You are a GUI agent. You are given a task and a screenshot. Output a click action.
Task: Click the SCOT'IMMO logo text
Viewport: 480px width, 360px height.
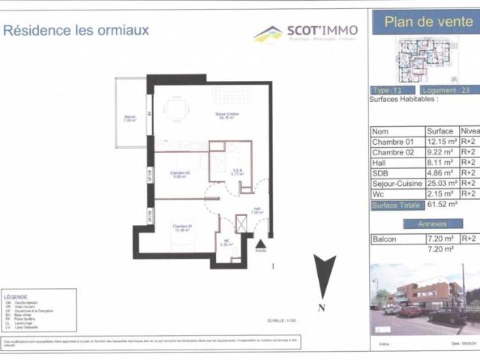point(322,31)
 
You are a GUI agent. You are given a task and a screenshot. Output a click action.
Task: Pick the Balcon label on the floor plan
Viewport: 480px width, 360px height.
point(130,118)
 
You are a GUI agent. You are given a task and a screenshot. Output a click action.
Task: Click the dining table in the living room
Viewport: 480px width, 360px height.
point(177,109)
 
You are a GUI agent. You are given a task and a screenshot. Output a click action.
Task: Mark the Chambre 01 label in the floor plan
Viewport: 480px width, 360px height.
point(182,227)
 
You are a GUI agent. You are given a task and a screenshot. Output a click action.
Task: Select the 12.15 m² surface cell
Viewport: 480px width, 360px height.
point(441,142)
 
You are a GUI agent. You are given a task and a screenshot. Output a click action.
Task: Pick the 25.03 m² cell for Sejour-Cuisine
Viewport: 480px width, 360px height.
point(441,182)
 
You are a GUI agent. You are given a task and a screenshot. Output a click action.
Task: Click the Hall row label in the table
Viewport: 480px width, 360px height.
point(381,162)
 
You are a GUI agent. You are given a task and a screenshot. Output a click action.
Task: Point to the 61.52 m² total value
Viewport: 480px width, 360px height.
point(441,203)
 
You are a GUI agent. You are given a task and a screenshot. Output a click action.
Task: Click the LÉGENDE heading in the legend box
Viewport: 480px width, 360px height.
point(17,297)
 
